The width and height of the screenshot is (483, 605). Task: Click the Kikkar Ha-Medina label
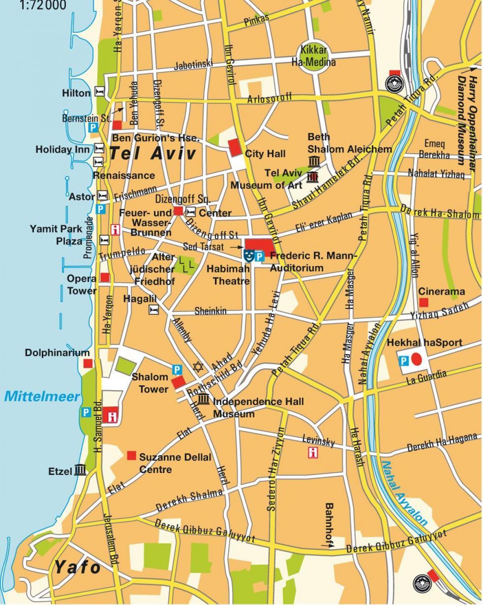[x=313, y=56]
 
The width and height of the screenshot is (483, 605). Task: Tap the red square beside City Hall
[x=233, y=148]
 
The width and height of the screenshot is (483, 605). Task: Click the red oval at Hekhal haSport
[x=417, y=358]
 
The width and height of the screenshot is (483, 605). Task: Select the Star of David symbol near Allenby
[x=197, y=367]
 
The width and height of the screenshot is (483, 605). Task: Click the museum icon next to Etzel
[x=80, y=470]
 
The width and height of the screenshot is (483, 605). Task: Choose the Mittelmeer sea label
[x=42, y=396]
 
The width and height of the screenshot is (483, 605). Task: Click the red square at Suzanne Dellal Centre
[x=131, y=455]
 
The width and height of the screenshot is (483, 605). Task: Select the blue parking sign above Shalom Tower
[x=176, y=369]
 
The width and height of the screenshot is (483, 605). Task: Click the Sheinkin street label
[x=211, y=311]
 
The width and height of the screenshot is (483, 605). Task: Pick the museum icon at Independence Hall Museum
[x=204, y=399]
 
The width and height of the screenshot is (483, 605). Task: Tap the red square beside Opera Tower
[x=105, y=277]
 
